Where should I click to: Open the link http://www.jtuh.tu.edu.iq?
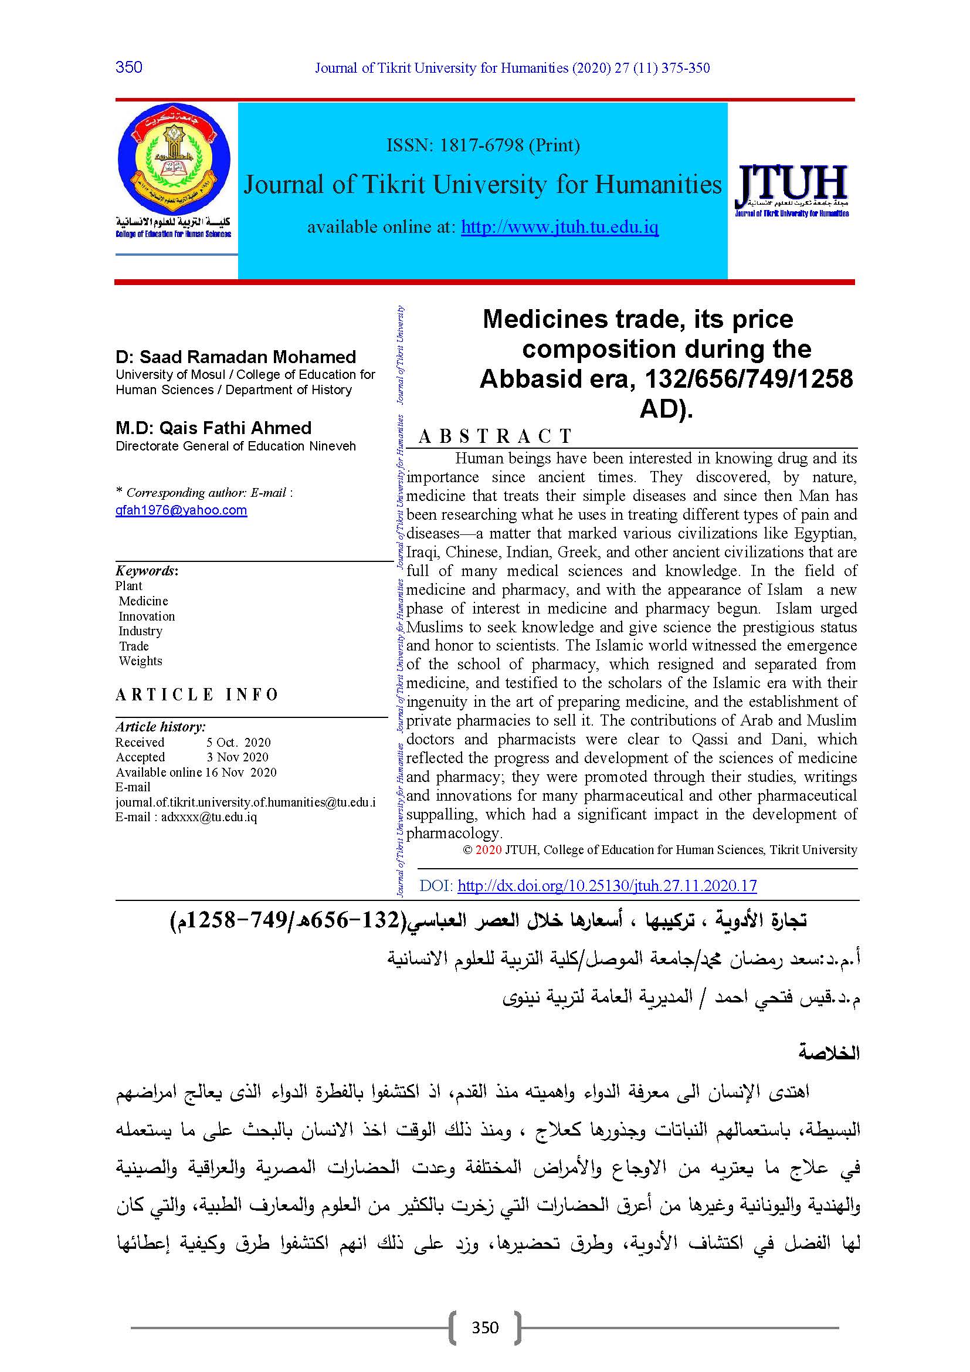coord(559,227)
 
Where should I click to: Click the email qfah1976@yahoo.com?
coord(181,510)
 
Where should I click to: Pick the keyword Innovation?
coord(147,616)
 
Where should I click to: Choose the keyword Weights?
coord(140,661)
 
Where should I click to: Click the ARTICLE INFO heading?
coord(197,695)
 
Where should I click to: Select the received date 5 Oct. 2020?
coord(238,742)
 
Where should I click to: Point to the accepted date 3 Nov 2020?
coord(237,757)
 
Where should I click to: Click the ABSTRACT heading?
coord(495,436)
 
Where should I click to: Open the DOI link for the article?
coord(607,886)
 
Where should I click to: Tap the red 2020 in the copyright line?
coord(488,850)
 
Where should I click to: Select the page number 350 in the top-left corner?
coord(129,67)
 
